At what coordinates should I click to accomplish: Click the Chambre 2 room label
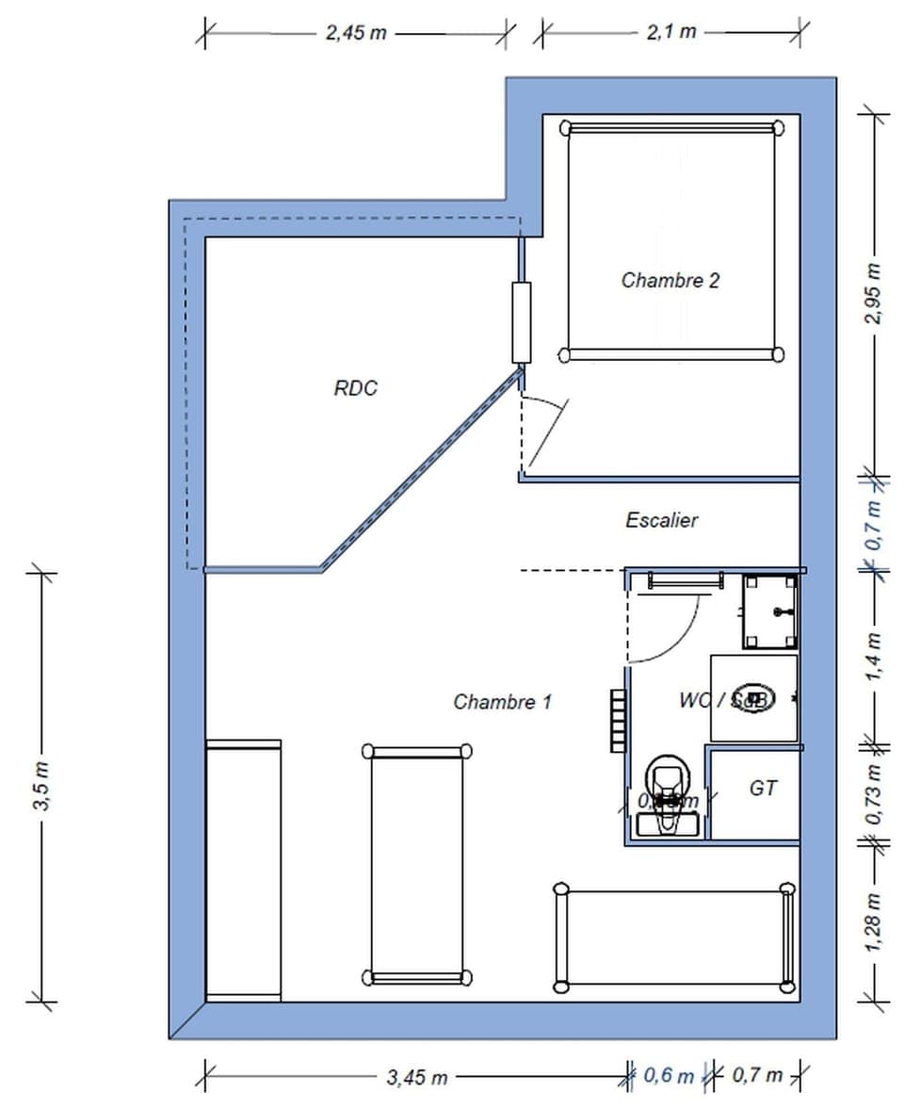[670, 280]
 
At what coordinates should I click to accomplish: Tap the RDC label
[355, 388]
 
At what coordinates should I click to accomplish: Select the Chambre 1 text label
[502, 701]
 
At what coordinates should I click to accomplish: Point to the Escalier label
[662, 519]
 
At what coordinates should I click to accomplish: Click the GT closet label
[763, 788]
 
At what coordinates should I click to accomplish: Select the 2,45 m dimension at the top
[356, 32]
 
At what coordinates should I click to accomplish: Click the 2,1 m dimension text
[670, 32]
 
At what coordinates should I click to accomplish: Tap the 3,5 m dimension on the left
[40, 788]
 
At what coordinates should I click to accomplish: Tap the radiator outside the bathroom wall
[617, 721]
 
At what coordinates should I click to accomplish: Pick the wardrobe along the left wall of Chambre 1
[244, 869]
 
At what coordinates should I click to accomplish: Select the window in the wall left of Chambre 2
[521, 323]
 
